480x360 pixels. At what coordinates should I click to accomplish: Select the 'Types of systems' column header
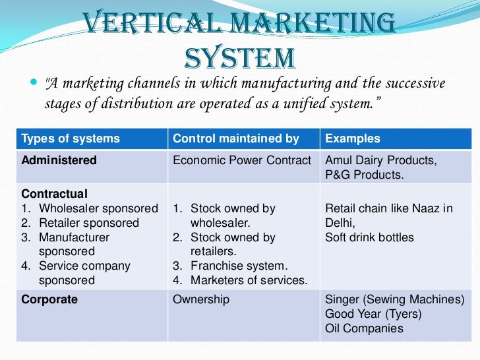click(71, 138)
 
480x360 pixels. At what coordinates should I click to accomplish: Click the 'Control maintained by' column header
click(235, 138)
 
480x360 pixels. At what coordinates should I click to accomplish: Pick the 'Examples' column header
click(353, 138)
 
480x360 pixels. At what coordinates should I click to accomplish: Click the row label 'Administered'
click(59, 160)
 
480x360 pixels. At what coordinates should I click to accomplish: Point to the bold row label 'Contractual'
click(55, 194)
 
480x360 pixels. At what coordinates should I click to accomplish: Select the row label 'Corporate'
click(49, 299)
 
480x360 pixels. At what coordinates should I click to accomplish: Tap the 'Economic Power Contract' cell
click(241, 160)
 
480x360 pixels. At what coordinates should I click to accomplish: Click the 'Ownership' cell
click(201, 299)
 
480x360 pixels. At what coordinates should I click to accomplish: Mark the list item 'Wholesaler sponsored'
click(98, 208)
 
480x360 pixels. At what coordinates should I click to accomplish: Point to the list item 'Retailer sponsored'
click(89, 223)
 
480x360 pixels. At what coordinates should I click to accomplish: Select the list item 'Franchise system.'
click(239, 266)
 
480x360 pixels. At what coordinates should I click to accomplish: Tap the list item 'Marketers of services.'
click(249, 281)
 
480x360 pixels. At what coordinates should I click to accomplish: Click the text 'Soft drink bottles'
click(369, 237)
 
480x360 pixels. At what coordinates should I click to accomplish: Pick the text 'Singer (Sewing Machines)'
click(395, 299)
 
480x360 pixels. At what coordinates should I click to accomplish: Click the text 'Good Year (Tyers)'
click(373, 314)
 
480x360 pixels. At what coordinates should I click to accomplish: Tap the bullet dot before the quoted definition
click(34, 84)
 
